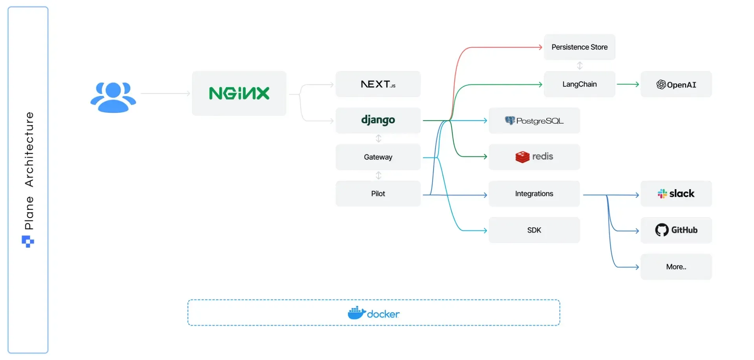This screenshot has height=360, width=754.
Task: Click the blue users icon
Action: click(x=113, y=97)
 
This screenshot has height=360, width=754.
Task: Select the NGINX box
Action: click(x=239, y=93)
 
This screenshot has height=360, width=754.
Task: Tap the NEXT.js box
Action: click(x=378, y=84)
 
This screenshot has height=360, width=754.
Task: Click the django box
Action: click(x=378, y=120)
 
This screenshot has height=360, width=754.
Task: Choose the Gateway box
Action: click(x=378, y=157)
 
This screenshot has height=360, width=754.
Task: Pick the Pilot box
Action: click(x=378, y=194)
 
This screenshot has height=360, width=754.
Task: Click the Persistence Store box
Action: click(x=579, y=47)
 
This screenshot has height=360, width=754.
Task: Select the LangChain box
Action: click(x=579, y=84)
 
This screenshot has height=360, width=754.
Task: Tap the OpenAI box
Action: click(x=676, y=84)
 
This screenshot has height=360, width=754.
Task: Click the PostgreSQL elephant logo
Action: click(x=510, y=121)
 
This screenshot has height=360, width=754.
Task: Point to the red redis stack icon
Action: click(x=522, y=157)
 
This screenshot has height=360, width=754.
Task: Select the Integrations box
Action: click(x=534, y=194)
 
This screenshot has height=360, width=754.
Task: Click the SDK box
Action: click(x=534, y=230)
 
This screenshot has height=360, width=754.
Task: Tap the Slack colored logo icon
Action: click(x=662, y=194)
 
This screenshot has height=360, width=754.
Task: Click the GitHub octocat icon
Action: click(x=662, y=230)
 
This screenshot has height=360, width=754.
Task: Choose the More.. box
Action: click(x=676, y=267)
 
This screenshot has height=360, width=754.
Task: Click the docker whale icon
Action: click(x=356, y=313)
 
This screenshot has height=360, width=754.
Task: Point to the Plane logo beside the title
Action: click(x=28, y=241)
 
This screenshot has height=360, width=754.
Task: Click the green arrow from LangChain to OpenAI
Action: click(x=628, y=84)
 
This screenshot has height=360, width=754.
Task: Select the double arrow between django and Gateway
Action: click(x=379, y=139)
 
